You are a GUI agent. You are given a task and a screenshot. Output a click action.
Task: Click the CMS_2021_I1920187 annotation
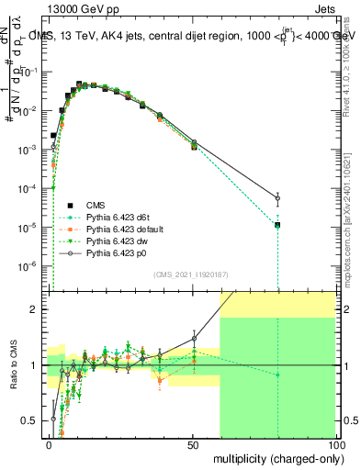coord(191,274)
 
